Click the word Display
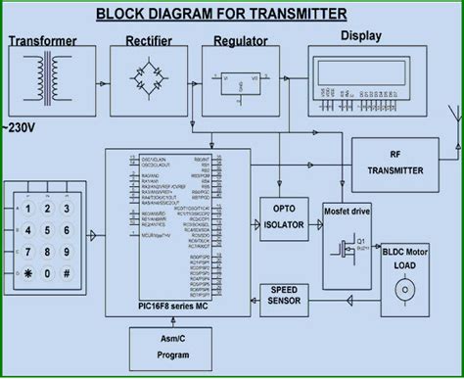point(363,36)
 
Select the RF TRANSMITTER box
point(394,162)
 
